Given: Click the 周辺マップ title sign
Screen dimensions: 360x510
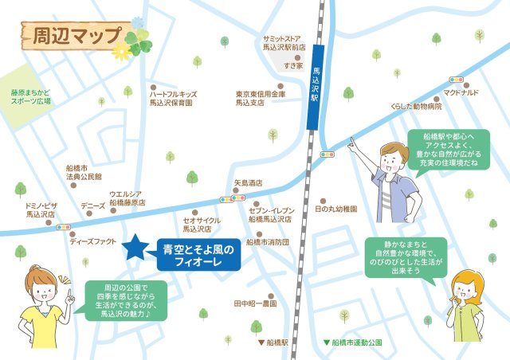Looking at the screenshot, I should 72,37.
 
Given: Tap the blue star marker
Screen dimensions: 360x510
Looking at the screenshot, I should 135,248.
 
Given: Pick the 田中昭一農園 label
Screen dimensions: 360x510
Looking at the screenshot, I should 255,303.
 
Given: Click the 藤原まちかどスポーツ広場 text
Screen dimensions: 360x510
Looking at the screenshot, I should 30,97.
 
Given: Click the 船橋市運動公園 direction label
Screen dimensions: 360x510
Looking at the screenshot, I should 355,342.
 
